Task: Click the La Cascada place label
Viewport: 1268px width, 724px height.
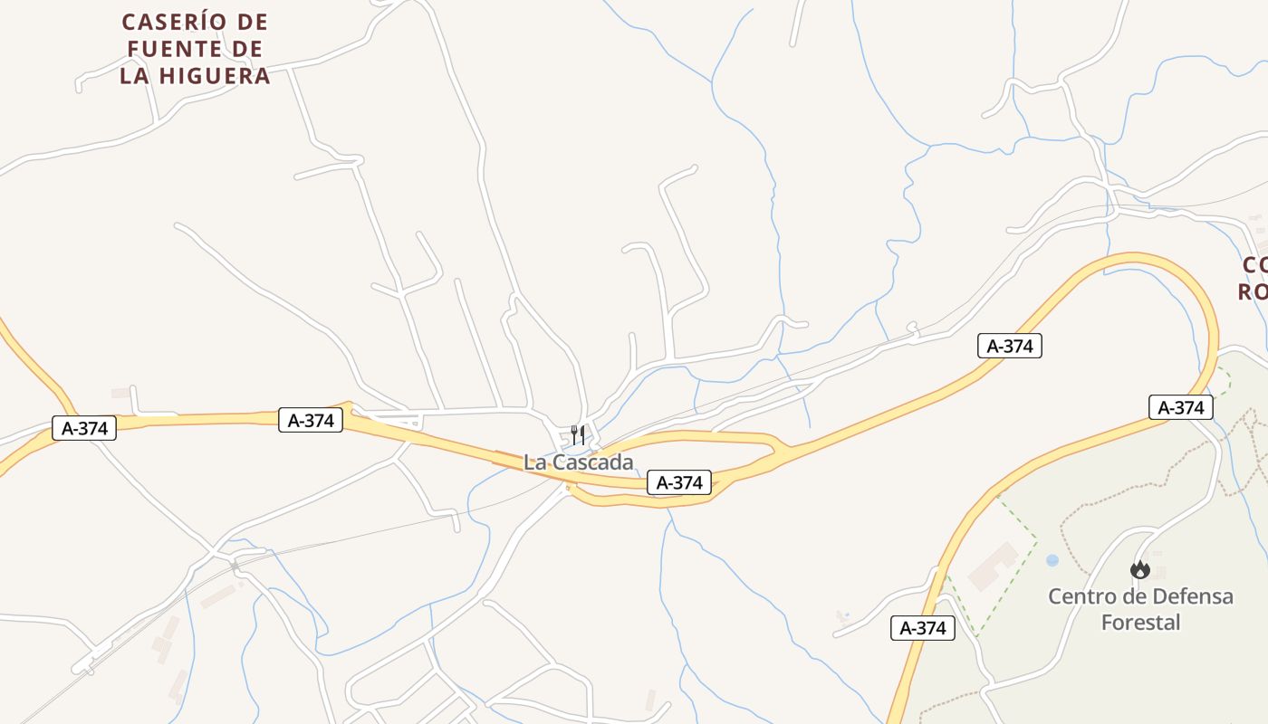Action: click(x=579, y=462)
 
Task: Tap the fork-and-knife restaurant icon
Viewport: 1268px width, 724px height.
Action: click(x=578, y=435)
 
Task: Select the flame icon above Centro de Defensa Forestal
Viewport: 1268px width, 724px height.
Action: click(x=1140, y=569)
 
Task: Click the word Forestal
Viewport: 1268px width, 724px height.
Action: click(x=1140, y=623)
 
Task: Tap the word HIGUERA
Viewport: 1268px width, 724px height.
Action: click(x=215, y=76)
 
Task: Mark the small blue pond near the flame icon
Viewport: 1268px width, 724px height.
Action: click(x=1052, y=560)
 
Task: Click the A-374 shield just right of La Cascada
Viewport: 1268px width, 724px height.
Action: click(x=679, y=482)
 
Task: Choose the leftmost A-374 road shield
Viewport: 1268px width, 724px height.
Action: click(x=84, y=428)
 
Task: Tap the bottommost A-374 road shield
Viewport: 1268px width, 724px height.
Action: click(x=923, y=628)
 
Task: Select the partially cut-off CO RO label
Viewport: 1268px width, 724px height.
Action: click(x=1253, y=278)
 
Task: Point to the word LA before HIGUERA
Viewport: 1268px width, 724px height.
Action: click(x=135, y=76)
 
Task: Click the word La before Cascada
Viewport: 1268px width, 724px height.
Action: click(x=535, y=462)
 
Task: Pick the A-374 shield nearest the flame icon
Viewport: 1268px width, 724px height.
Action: click(x=1181, y=407)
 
